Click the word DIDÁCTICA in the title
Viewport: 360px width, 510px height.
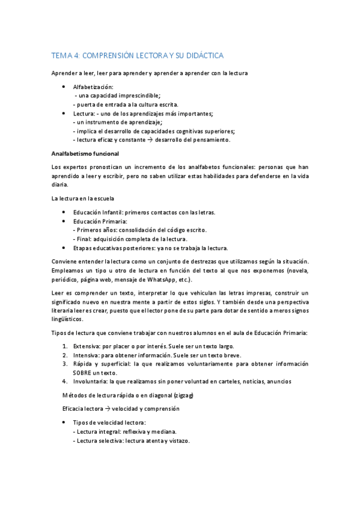pos(203,55)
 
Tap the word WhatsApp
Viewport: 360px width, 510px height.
pos(160,280)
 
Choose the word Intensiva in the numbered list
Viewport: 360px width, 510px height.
pos(87,355)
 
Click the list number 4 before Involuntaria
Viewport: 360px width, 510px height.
pos(64,381)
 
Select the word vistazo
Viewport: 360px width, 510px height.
pos(177,441)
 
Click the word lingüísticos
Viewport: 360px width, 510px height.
pos(70,319)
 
